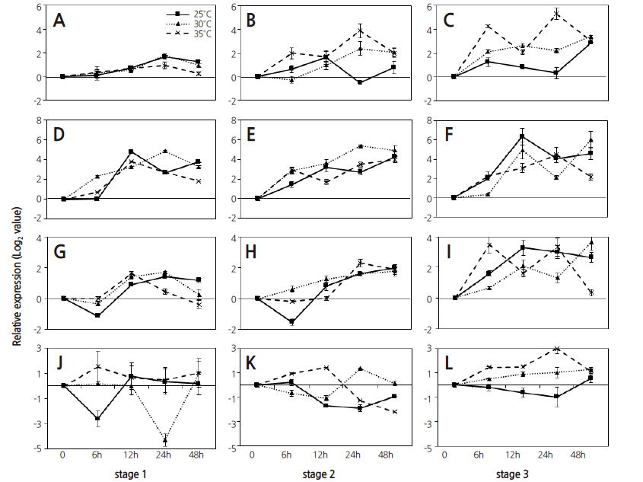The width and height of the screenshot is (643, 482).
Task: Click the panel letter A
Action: [x=59, y=21]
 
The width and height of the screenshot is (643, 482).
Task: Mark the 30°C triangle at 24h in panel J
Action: [x=165, y=440]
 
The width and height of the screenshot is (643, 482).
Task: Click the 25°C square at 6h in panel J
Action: [x=97, y=418]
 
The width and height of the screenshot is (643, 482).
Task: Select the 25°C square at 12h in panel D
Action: [x=131, y=152]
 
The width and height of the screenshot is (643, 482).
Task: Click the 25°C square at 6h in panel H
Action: [x=291, y=322]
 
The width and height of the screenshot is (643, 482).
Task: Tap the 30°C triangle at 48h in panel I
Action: [x=591, y=242]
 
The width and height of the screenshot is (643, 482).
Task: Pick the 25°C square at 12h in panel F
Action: [x=523, y=136]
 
